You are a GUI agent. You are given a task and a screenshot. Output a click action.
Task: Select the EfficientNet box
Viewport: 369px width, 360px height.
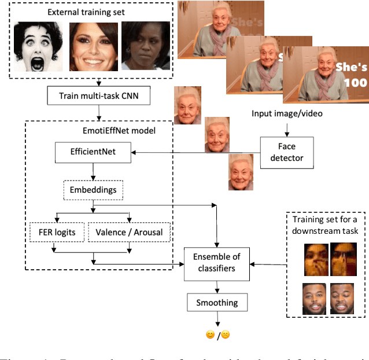[x=93, y=153]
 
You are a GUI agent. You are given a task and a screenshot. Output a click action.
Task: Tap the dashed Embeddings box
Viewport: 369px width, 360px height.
[x=93, y=190]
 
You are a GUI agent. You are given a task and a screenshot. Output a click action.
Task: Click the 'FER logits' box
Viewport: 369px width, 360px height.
[x=57, y=232]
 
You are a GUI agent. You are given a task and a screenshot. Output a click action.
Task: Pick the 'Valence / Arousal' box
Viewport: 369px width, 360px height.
[x=129, y=232]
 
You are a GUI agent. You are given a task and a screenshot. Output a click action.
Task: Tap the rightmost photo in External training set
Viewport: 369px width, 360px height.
[x=142, y=46]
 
